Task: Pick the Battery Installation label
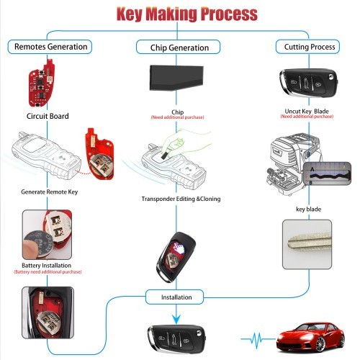(45, 265)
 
